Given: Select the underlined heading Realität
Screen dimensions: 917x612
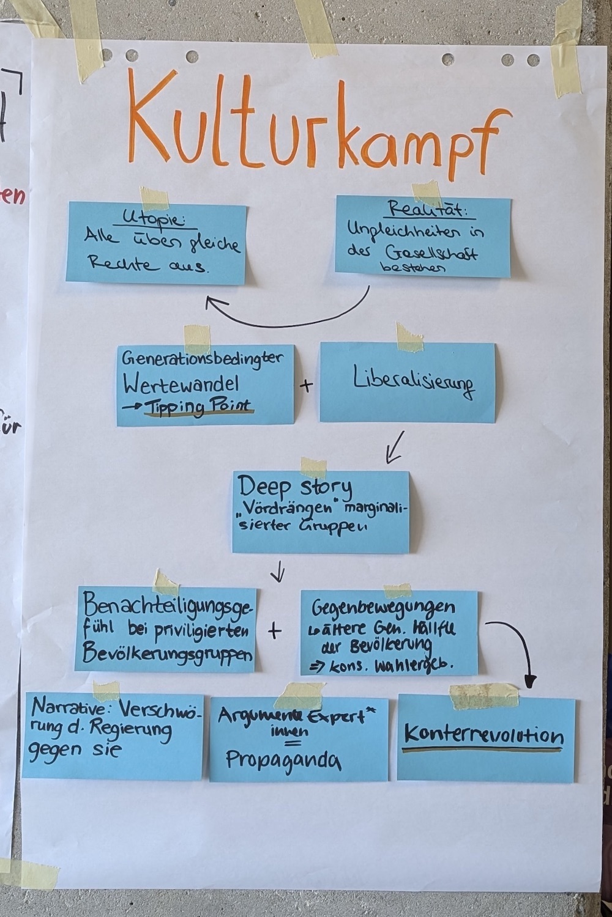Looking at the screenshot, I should (428, 210).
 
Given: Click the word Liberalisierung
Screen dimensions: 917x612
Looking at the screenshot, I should (414, 383).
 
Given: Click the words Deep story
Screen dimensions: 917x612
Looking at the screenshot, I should (295, 488).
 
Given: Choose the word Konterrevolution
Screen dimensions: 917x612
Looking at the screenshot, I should (483, 734).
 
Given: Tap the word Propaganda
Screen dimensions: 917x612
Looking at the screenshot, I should (283, 759).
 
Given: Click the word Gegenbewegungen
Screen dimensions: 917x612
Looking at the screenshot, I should (383, 609).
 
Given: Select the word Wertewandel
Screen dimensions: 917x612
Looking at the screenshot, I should (181, 385).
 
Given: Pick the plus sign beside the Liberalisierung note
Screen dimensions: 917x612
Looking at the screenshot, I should (306, 385).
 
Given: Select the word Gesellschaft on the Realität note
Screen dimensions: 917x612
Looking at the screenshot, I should (431, 252).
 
